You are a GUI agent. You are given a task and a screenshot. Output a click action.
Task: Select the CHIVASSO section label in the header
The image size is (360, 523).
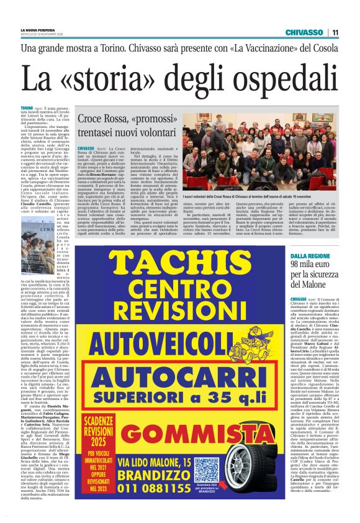point(304,32)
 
